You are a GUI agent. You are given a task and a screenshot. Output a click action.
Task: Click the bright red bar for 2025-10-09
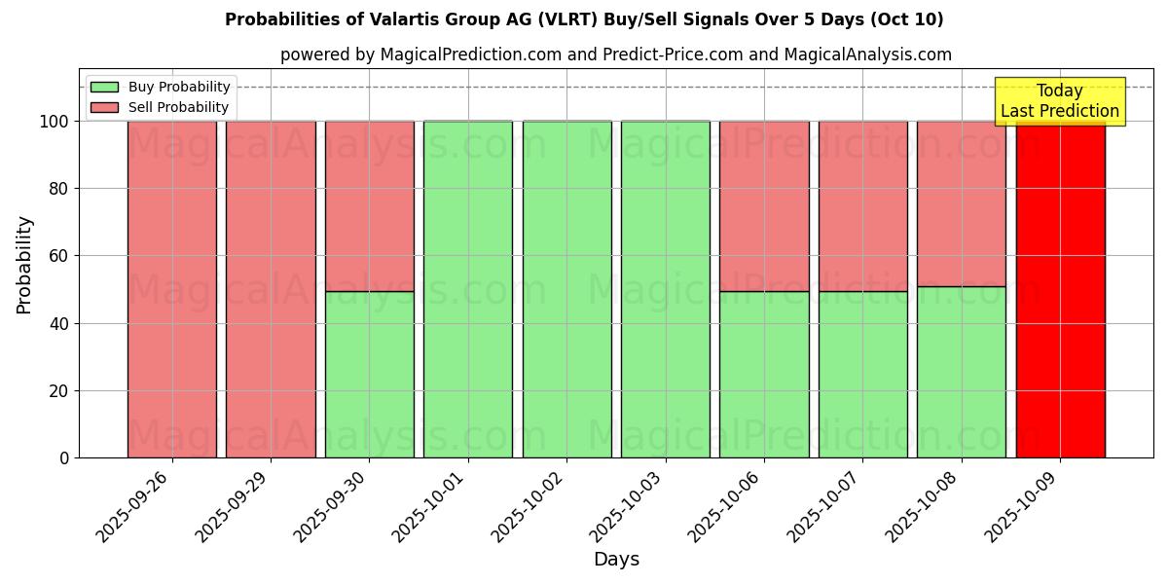1060,292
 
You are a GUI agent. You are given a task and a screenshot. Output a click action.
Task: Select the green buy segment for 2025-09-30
369,375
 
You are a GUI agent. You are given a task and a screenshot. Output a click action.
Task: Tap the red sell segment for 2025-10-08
961,203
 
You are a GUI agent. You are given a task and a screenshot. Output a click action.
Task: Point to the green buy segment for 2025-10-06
764,375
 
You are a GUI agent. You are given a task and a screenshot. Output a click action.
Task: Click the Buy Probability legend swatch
104,87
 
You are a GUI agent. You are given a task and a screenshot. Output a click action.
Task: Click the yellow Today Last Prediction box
1059,101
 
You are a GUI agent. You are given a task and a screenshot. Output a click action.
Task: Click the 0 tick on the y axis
65,457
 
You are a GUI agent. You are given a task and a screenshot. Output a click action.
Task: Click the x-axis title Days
616,560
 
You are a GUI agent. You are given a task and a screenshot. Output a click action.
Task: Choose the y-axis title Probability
24,265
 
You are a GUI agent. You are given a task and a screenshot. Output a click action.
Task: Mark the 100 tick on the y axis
54,122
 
